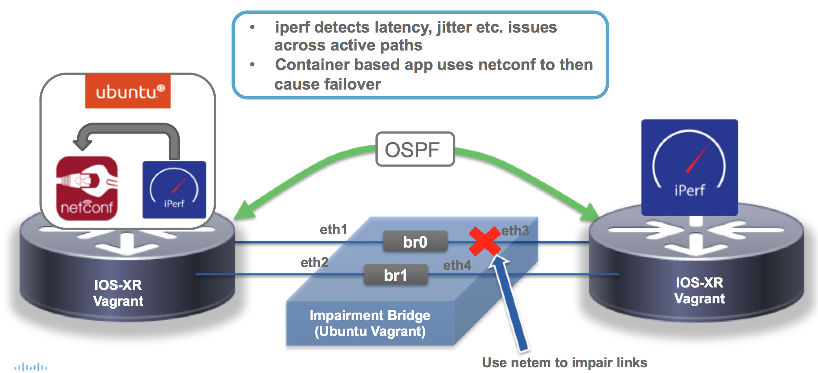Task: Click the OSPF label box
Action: pos(415,149)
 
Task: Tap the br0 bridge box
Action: pos(415,242)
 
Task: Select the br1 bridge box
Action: pos(396,275)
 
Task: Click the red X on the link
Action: pos(484,241)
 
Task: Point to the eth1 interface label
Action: pos(333,230)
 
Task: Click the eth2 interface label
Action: pos(314,263)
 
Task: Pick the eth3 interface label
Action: pos(515,231)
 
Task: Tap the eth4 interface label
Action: pos(457,265)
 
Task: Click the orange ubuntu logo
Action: pos(128,92)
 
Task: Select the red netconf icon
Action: pos(87,189)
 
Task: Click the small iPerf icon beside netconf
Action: pos(174,190)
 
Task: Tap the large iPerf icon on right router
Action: pos(689,167)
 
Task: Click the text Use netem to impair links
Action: pos(564,362)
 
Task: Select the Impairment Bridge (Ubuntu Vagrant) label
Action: pos(370,323)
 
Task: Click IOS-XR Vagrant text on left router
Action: pos(118,293)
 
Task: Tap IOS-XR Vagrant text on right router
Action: pos(699,290)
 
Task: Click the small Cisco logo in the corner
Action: pos(31,367)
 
